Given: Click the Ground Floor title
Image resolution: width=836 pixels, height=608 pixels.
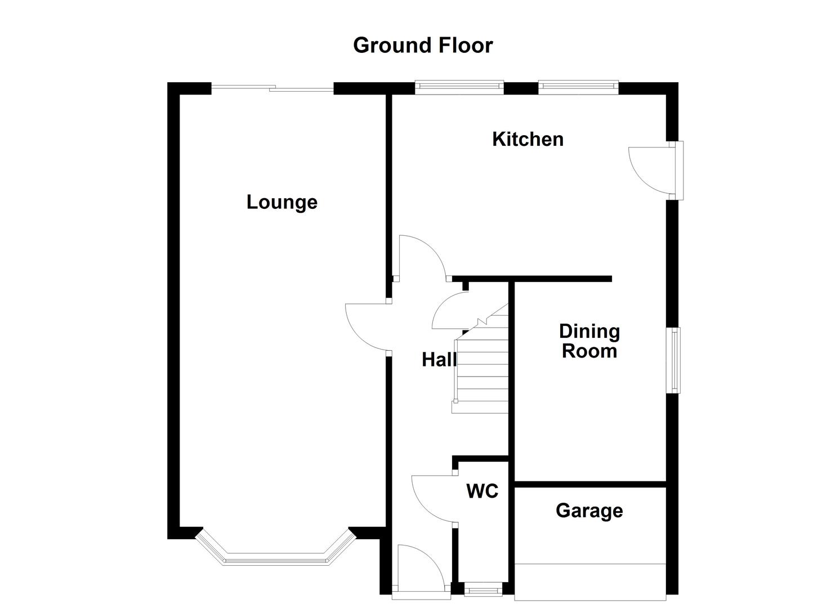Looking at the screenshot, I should pyautogui.click(x=422, y=46).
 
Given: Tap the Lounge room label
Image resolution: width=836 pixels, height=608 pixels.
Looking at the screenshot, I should pyautogui.click(x=281, y=202).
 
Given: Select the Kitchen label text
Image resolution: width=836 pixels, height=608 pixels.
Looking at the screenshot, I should pyautogui.click(x=527, y=139).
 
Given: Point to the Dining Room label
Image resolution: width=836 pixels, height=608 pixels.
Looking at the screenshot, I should pyautogui.click(x=589, y=341).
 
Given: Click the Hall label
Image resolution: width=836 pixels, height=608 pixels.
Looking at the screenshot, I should pyautogui.click(x=439, y=359).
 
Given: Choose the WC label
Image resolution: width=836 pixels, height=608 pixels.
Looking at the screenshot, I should pyautogui.click(x=482, y=491).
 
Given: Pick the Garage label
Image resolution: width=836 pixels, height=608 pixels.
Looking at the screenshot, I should pyautogui.click(x=589, y=511).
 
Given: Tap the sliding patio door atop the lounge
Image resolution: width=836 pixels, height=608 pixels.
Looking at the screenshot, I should pyautogui.click(x=272, y=88).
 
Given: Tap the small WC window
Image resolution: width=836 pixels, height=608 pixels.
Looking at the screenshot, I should pyautogui.click(x=483, y=591).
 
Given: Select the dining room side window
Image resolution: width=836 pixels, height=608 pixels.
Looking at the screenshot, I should pyautogui.click(x=674, y=360).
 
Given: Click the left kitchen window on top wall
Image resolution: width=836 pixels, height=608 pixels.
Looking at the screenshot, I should pyautogui.click(x=459, y=86).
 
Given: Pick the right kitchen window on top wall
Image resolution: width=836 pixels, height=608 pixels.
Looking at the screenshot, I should pyautogui.click(x=578, y=86).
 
